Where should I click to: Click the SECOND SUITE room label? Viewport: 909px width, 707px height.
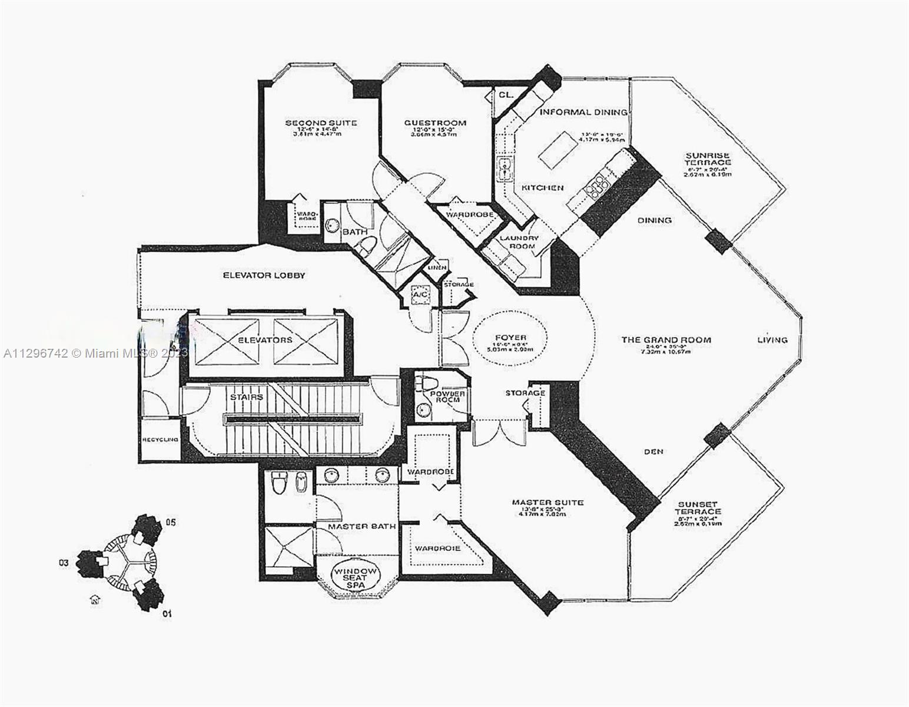pyautogui.click(x=321, y=123)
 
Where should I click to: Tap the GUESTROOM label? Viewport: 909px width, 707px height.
pyautogui.click(x=435, y=123)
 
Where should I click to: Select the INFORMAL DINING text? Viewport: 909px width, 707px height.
pyautogui.click(x=583, y=112)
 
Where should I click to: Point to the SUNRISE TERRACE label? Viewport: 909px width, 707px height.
pyautogui.click(x=707, y=158)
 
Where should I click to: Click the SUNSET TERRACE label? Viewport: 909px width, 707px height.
pyautogui.click(x=698, y=508)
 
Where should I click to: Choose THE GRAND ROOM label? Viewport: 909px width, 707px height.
pyautogui.click(x=666, y=340)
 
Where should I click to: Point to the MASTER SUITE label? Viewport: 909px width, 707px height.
pyautogui.click(x=548, y=503)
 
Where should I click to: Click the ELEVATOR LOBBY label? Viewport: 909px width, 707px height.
pyautogui.click(x=264, y=275)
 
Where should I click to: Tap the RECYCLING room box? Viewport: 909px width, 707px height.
pyautogui.click(x=160, y=440)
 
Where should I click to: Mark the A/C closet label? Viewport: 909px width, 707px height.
pyautogui.click(x=420, y=294)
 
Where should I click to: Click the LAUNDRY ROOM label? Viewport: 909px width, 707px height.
pyautogui.click(x=519, y=242)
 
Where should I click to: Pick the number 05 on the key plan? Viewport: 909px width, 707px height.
pyautogui.click(x=170, y=522)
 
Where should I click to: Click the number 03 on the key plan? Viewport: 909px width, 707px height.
pyautogui.click(x=64, y=563)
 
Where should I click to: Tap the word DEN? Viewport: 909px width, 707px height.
pyautogui.click(x=653, y=451)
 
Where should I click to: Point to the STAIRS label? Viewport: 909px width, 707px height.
pyautogui.click(x=247, y=397)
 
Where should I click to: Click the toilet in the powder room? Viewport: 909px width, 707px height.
pyautogui.click(x=427, y=383)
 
